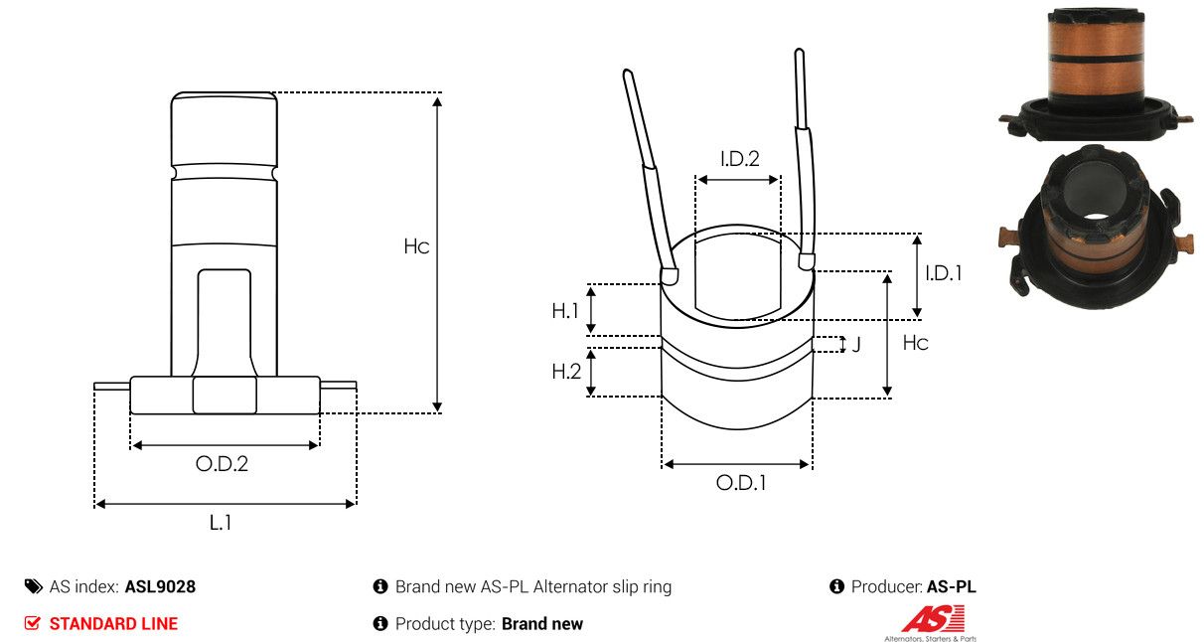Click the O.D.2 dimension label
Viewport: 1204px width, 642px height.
pyautogui.click(x=222, y=463)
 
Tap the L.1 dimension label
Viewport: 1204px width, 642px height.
pyautogui.click(x=221, y=522)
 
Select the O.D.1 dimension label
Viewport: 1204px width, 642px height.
pyautogui.click(x=741, y=483)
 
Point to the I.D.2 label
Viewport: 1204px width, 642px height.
pyautogui.click(x=740, y=159)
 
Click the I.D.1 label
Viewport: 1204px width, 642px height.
pyautogui.click(x=944, y=273)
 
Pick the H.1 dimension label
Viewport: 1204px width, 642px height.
pyautogui.click(x=565, y=311)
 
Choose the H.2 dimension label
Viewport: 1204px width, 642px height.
pyautogui.click(x=566, y=372)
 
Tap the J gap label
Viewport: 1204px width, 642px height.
pyautogui.click(x=856, y=344)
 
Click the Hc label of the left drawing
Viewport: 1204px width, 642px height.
pyautogui.click(x=416, y=246)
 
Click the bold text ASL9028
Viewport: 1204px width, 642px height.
pyautogui.click(x=160, y=586)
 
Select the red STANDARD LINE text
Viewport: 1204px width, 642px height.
pyautogui.click(x=113, y=624)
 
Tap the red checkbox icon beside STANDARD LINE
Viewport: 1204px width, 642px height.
pyautogui.click(x=32, y=623)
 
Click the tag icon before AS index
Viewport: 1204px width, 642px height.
pyautogui.click(x=34, y=586)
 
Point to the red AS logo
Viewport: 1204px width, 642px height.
pyautogui.click(x=933, y=619)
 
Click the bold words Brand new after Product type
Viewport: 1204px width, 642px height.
pyautogui.click(x=542, y=624)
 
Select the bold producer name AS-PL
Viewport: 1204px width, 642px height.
pyautogui.click(x=952, y=586)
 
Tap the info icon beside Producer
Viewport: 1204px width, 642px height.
pyautogui.click(x=836, y=586)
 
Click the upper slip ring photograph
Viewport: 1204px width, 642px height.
pyautogui.click(x=1095, y=75)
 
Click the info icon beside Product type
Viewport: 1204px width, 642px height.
pyautogui.click(x=380, y=623)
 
